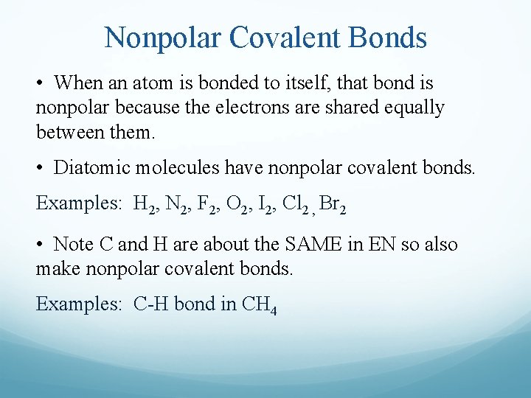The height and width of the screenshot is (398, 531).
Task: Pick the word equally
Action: coord(414,108)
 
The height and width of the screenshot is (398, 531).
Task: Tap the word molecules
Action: coord(173,168)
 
